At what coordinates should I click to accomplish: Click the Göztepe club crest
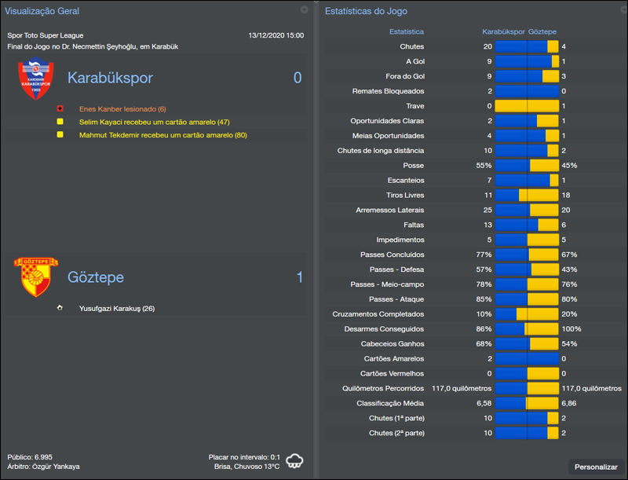[x=35, y=277]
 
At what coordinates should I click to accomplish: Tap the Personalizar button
[x=596, y=467]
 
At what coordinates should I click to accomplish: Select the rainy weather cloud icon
[x=296, y=461]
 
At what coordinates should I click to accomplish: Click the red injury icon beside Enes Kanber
[x=60, y=108]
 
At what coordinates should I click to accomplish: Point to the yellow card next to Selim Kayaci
[x=60, y=122]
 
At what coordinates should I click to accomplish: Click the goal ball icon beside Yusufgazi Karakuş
[x=60, y=308]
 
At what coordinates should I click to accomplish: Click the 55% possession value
[x=484, y=166]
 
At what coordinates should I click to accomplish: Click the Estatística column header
[x=407, y=31]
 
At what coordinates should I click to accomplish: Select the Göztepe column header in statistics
[x=542, y=31]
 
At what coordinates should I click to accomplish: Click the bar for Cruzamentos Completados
[x=527, y=314]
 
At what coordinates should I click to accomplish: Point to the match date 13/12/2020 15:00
[x=276, y=35]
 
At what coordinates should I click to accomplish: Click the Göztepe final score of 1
[x=298, y=277]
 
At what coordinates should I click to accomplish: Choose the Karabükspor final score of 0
[x=298, y=78]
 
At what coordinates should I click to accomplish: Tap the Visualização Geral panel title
[x=42, y=11]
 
